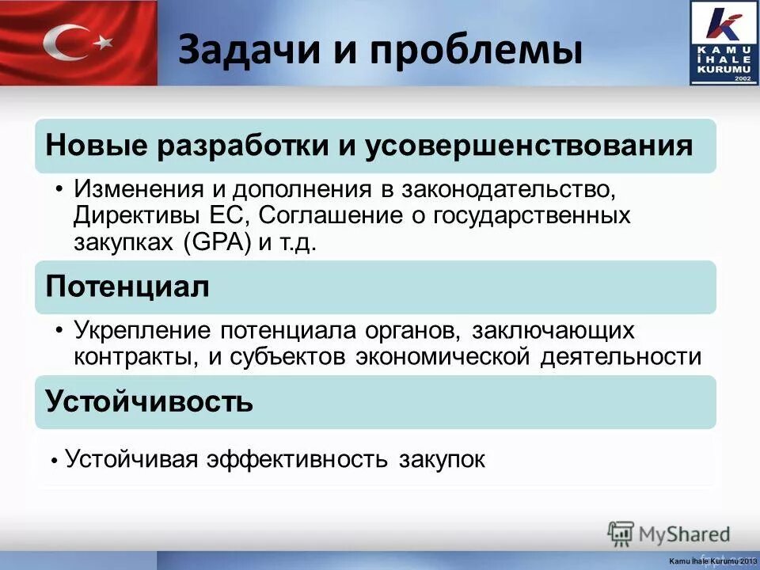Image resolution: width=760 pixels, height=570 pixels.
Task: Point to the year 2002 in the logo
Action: point(742,79)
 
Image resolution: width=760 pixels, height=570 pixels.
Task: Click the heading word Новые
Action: point(96,146)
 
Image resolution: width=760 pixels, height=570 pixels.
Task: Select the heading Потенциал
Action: point(127,287)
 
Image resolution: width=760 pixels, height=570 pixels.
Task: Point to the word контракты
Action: point(134,357)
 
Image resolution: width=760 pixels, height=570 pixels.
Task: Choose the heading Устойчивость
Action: point(150,401)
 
